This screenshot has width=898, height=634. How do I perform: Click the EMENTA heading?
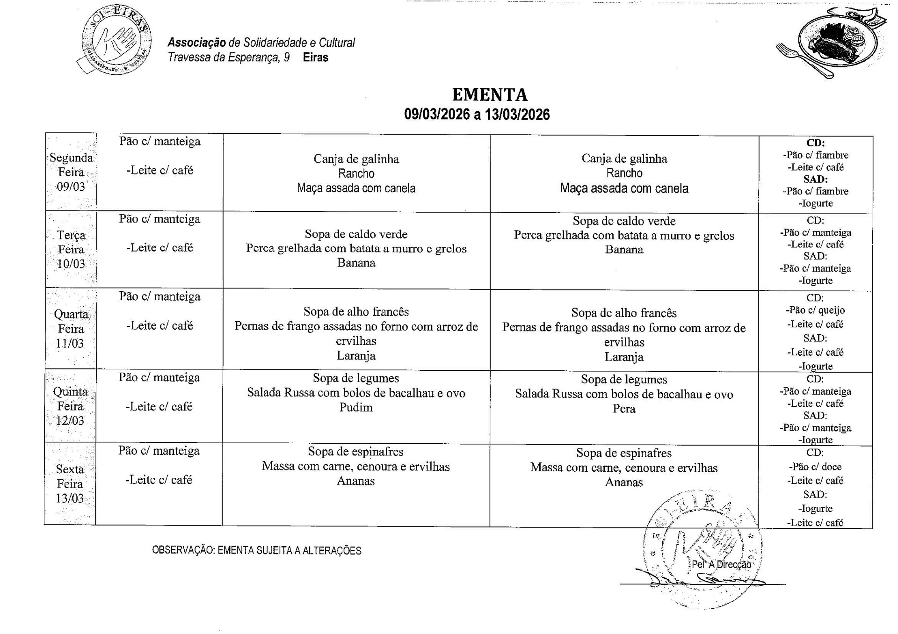[490, 95]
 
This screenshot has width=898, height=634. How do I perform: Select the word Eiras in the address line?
[316, 58]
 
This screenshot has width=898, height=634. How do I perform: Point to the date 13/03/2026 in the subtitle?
[517, 115]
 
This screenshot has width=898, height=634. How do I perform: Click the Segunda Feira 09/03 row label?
[71, 172]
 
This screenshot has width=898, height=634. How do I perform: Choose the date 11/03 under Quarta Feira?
[70, 344]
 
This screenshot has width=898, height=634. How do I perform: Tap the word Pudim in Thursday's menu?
[356, 408]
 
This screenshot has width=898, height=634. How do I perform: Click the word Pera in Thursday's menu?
[624, 409]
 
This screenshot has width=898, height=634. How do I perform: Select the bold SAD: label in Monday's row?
[815, 179]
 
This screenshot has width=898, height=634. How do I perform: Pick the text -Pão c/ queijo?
[815, 310]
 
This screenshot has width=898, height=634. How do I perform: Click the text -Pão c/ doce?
[815, 467]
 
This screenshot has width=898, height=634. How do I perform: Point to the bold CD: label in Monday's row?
[815, 143]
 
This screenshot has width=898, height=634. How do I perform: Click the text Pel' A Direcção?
[721, 565]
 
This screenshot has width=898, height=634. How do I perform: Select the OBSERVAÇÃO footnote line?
[257, 551]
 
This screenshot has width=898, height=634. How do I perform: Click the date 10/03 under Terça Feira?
[71, 264]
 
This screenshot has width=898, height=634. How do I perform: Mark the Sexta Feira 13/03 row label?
[70, 484]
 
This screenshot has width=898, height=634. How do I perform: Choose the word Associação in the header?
[196, 43]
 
